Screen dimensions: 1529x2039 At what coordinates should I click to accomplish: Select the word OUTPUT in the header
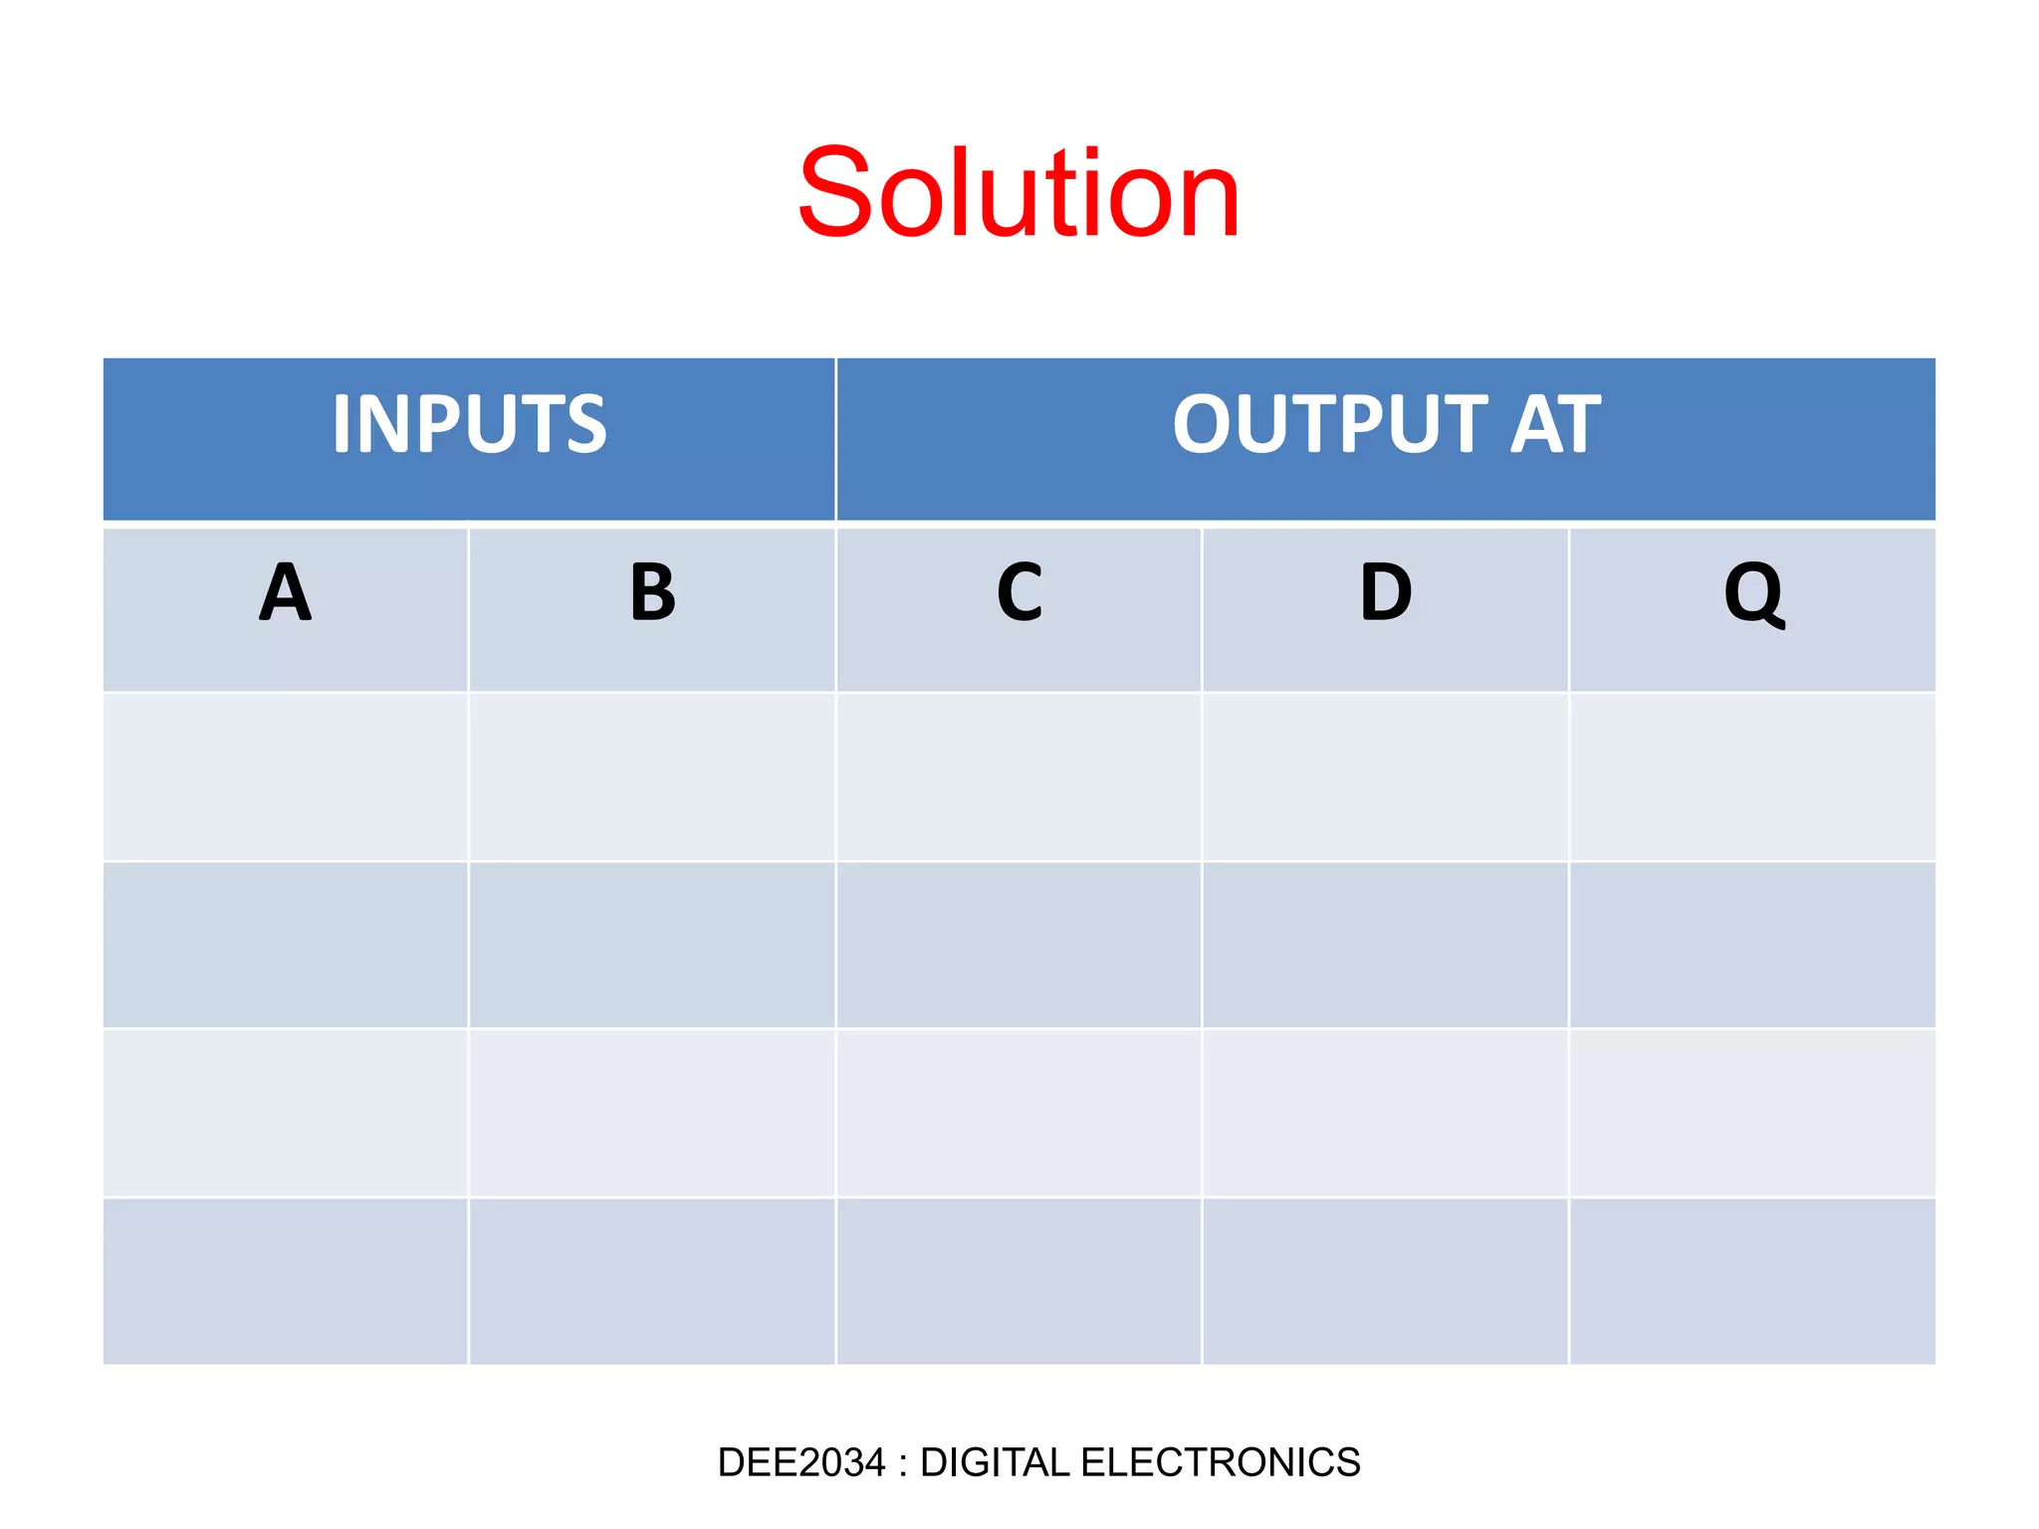click(1330, 425)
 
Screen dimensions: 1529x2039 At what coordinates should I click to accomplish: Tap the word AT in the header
click(1555, 425)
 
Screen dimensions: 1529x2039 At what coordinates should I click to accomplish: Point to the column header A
click(286, 593)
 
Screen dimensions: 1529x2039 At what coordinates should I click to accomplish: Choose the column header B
click(652, 593)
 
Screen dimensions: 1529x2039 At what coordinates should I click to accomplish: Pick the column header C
click(1019, 593)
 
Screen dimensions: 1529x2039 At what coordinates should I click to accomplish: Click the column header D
click(1386, 593)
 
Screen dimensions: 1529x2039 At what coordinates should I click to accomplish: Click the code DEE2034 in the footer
click(801, 1462)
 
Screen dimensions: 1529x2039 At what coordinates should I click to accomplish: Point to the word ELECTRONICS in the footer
click(1221, 1462)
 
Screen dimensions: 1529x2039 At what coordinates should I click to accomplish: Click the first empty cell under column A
click(286, 777)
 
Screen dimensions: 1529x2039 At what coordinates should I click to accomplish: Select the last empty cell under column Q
click(1752, 1281)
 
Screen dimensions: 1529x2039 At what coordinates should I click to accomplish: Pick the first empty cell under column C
click(1019, 777)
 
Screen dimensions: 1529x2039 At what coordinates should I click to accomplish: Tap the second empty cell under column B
click(652, 945)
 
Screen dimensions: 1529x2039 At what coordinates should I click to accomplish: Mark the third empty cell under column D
click(1386, 1113)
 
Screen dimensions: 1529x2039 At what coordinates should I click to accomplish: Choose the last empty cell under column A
click(286, 1281)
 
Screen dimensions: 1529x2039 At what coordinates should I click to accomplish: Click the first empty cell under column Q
click(1752, 777)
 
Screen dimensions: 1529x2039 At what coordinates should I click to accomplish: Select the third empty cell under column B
click(652, 1113)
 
